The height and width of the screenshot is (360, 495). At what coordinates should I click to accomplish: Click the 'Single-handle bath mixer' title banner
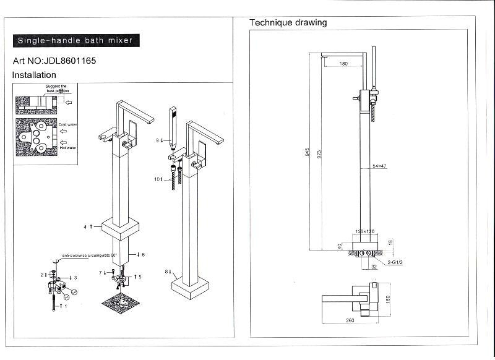(74, 41)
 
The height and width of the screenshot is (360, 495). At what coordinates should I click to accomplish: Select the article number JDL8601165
(54, 61)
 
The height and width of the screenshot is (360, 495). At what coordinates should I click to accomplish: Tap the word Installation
(34, 75)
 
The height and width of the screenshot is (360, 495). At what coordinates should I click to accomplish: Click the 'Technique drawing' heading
(288, 23)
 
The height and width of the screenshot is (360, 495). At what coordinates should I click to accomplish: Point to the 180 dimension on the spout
(344, 63)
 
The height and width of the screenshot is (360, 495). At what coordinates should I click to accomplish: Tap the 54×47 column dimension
(379, 166)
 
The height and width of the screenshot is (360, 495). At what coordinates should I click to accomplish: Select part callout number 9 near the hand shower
(158, 140)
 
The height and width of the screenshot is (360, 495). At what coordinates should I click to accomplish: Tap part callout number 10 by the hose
(158, 179)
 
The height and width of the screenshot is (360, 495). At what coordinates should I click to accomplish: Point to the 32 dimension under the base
(374, 267)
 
